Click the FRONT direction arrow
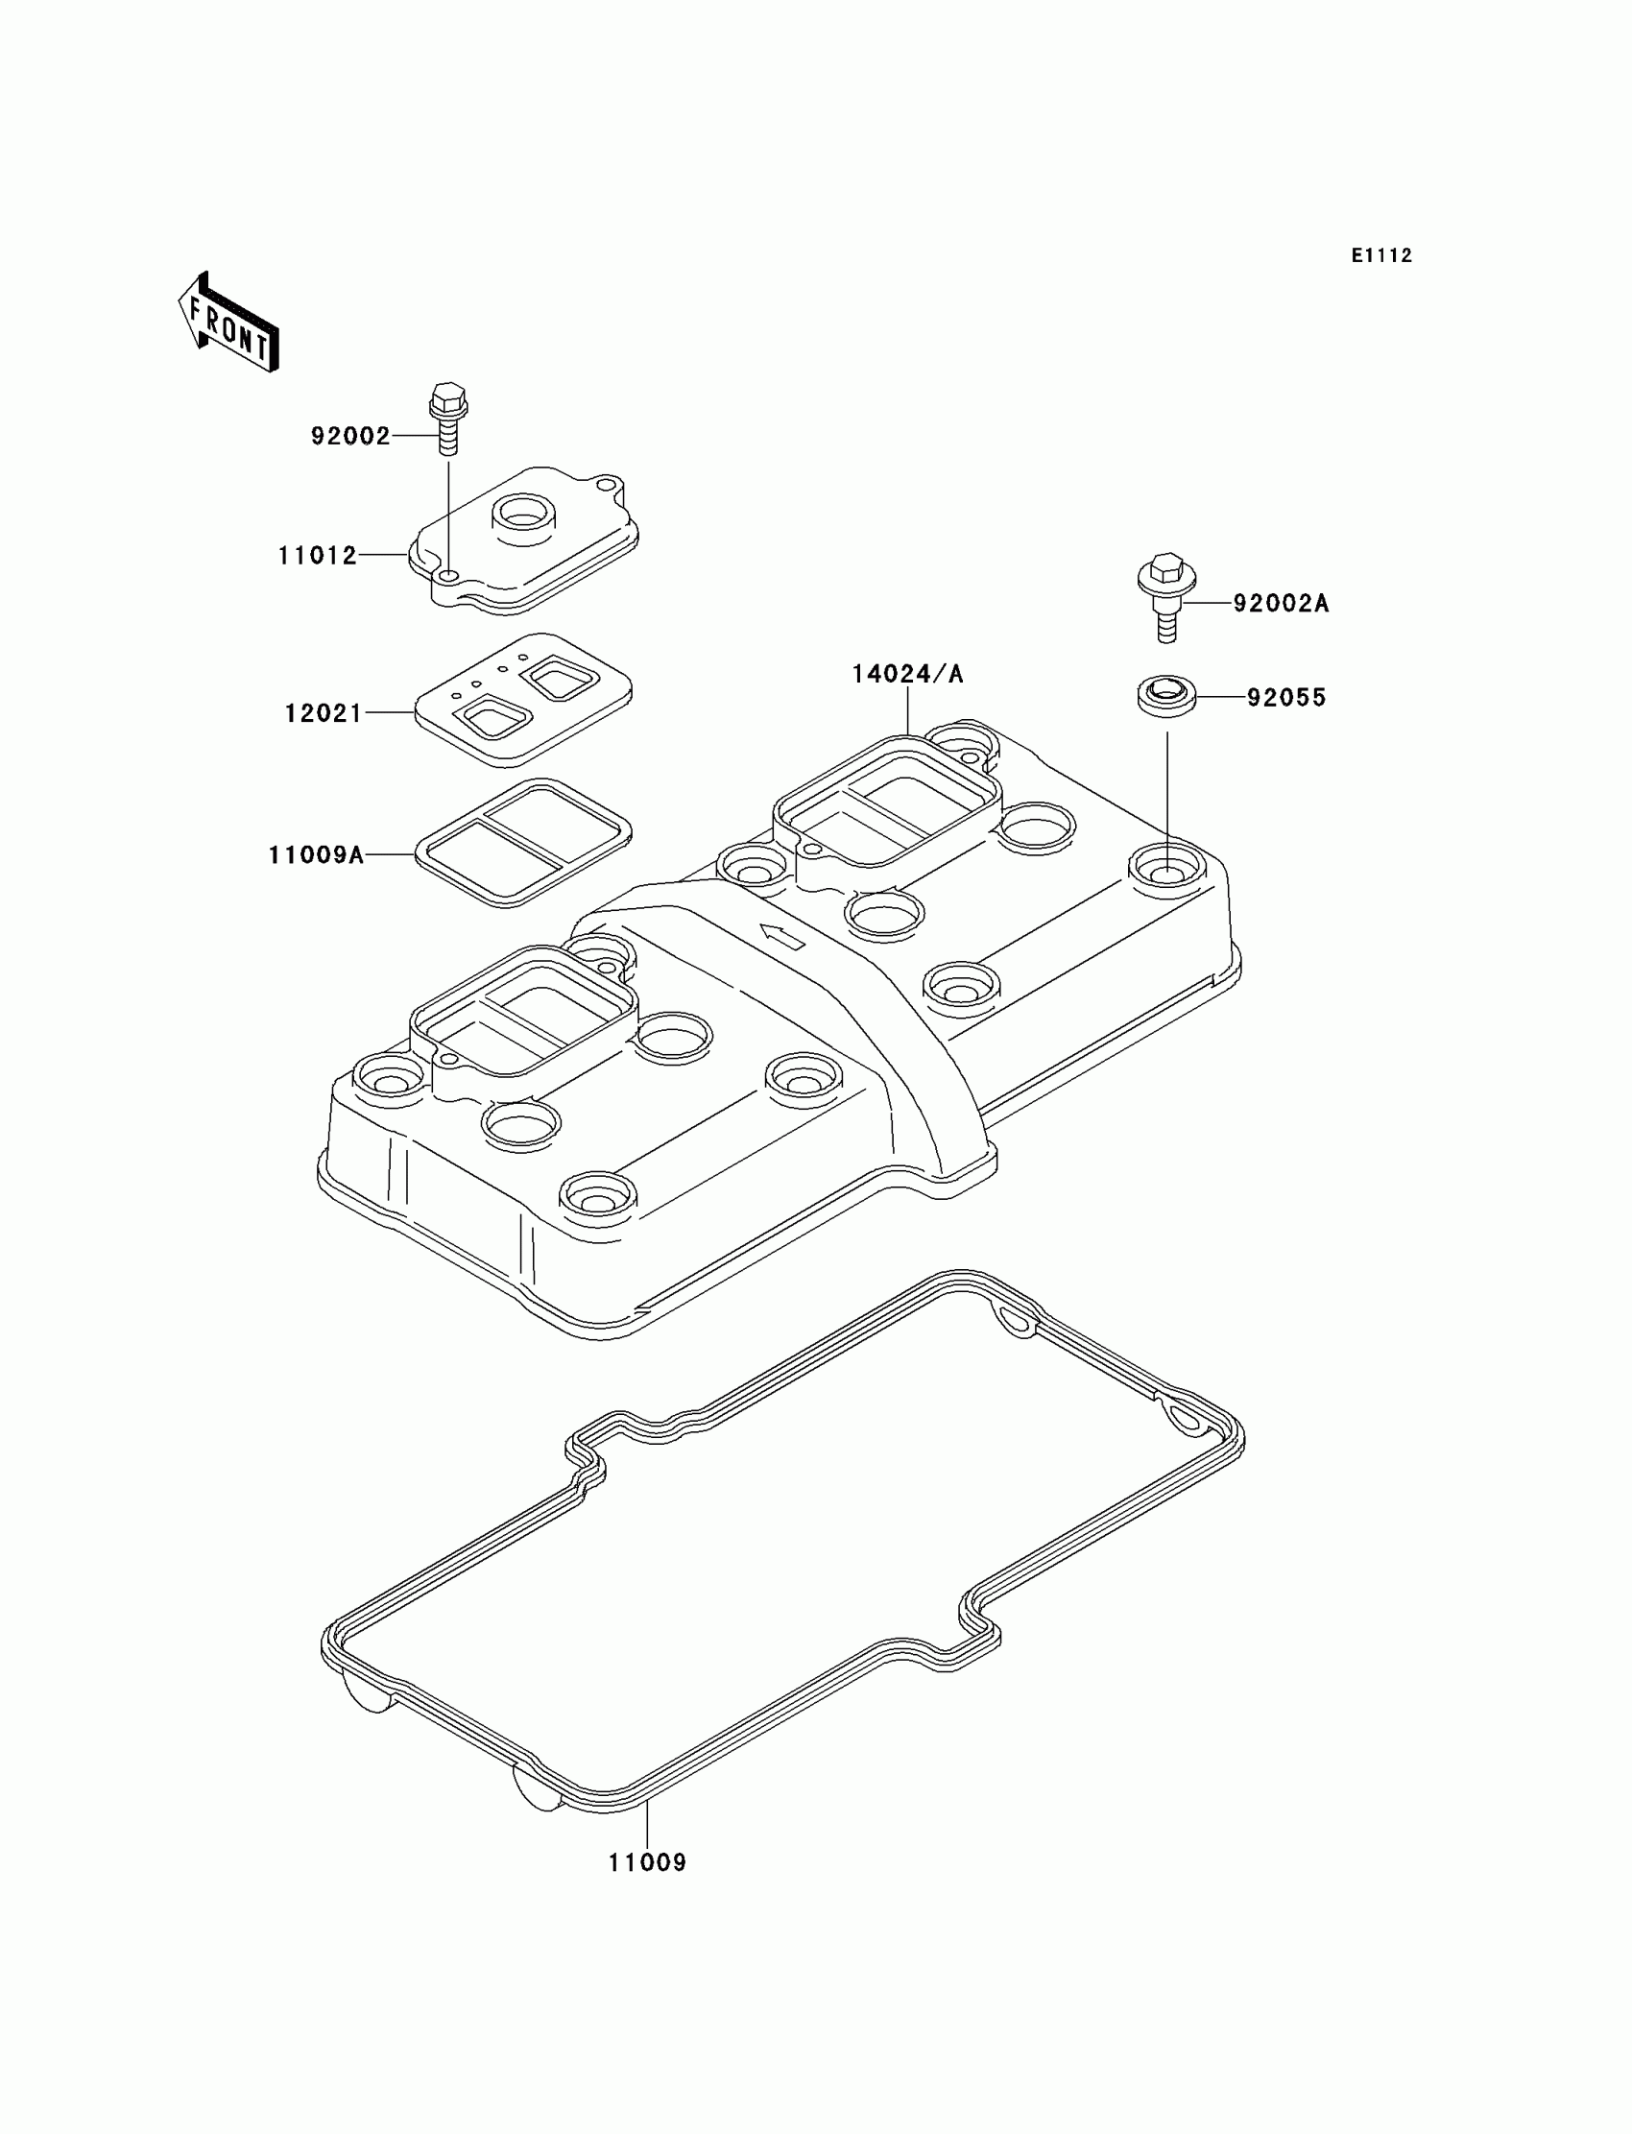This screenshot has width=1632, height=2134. pyautogui.click(x=229, y=324)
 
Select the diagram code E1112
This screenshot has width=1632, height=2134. pyautogui.click(x=1380, y=255)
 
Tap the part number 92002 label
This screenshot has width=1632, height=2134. pyautogui.click(x=349, y=436)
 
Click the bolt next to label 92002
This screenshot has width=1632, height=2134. pyautogui.click(x=447, y=418)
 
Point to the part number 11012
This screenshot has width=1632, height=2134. pyautogui.click(x=318, y=556)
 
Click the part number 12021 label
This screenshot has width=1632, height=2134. pyautogui.click(x=323, y=713)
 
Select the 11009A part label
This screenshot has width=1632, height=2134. pyautogui.click(x=316, y=854)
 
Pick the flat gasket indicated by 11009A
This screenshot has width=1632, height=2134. pyautogui.click(x=523, y=842)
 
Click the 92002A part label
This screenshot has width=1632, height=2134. pyautogui.click(x=1281, y=603)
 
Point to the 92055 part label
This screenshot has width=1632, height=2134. pyautogui.click(x=1286, y=697)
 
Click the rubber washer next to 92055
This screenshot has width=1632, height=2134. pyautogui.click(x=1165, y=697)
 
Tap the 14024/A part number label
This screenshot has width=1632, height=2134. pyautogui.click(x=907, y=674)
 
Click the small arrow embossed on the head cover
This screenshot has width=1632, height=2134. pyautogui.click(x=783, y=936)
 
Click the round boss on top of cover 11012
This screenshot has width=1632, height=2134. pyautogui.click(x=523, y=515)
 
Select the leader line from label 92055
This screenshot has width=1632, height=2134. pyautogui.click(x=1221, y=696)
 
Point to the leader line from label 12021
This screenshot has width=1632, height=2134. pyautogui.click(x=391, y=713)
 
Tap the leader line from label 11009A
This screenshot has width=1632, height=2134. pyautogui.click(x=391, y=854)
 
